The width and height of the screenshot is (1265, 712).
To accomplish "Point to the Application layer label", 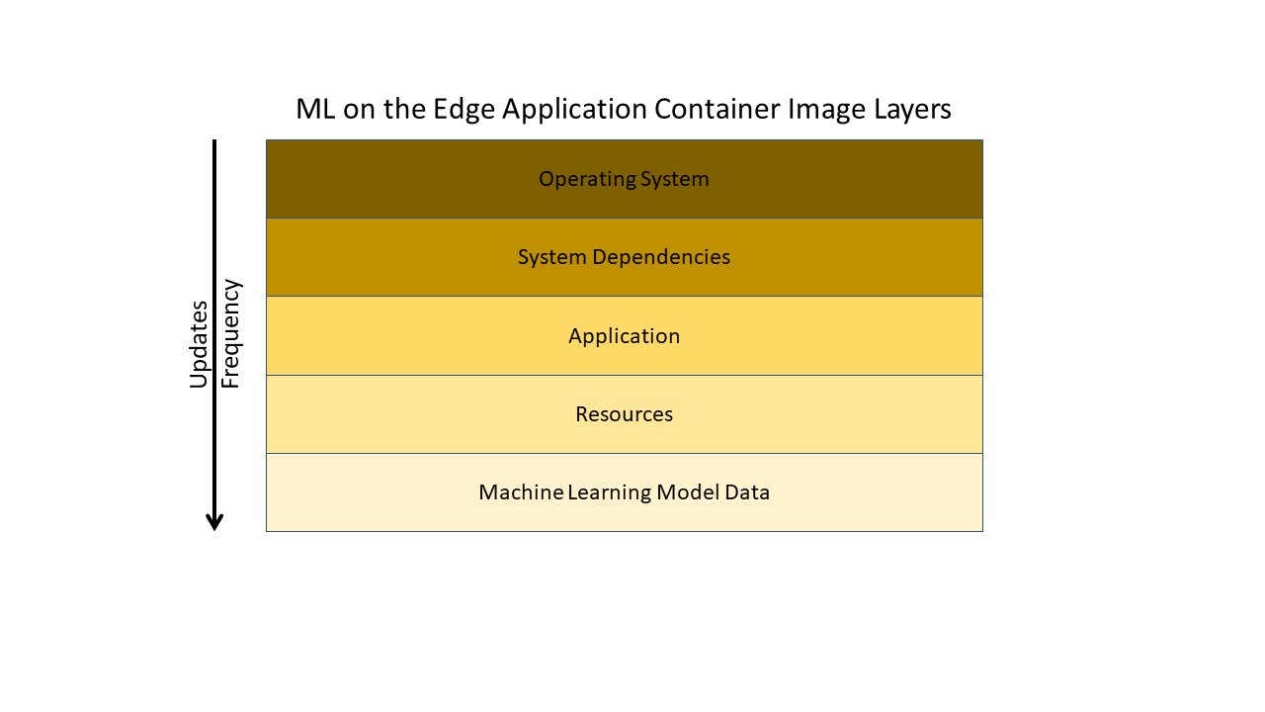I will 624,336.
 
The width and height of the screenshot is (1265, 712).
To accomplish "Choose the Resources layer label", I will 624,414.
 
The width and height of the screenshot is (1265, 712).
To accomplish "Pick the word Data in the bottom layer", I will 748,492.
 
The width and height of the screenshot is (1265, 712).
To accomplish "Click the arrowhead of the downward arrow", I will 214,521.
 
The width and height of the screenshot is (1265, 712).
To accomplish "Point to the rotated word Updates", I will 199,344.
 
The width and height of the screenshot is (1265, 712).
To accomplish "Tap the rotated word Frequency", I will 230,334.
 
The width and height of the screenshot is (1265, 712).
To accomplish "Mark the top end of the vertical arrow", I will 214,142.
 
